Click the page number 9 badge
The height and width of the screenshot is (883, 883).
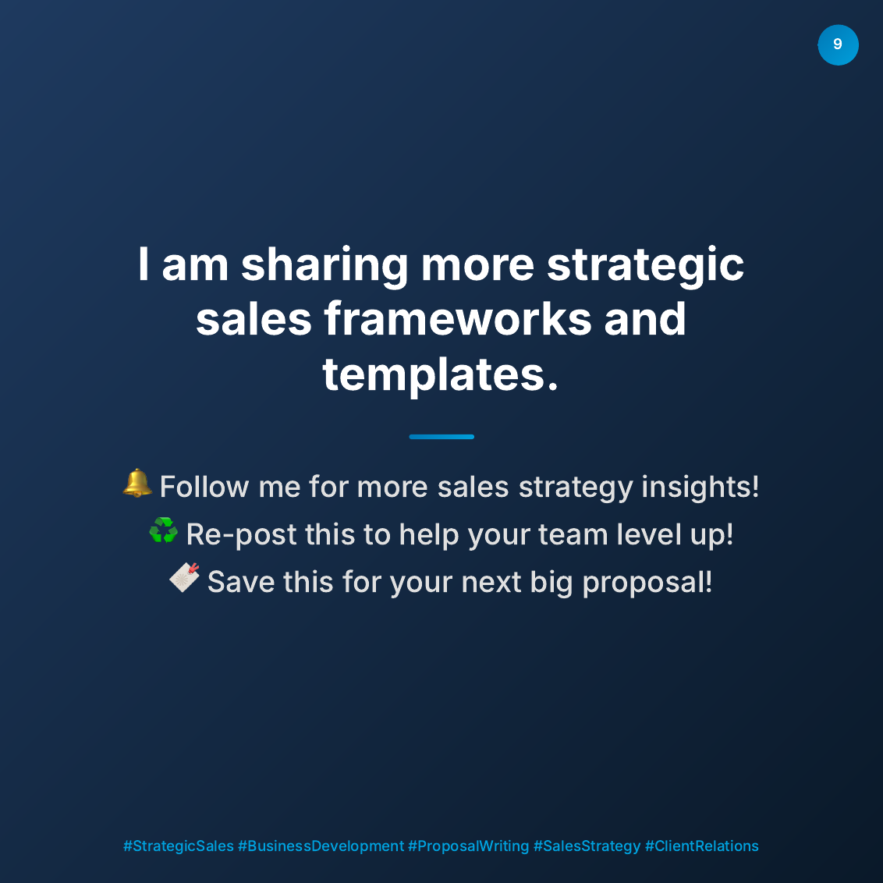click(838, 44)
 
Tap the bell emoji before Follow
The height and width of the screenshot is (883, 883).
click(137, 484)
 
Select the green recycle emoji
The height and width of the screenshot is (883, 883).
click(163, 531)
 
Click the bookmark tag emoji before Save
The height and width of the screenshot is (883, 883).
click(185, 578)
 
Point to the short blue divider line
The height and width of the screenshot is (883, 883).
click(441, 437)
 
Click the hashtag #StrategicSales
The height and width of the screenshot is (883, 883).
click(179, 846)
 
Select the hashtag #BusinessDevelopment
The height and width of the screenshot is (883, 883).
click(321, 846)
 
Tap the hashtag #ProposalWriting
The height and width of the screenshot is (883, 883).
click(468, 846)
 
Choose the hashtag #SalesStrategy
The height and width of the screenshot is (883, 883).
click(587, 846)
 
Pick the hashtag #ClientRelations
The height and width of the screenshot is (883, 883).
click(701, 846)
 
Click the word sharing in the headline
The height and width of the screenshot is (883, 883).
click(324, 265)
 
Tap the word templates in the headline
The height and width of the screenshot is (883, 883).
click(441, 374)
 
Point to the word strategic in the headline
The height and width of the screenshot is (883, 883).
click(645, 265)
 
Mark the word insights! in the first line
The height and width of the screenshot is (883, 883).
click(700, 487)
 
